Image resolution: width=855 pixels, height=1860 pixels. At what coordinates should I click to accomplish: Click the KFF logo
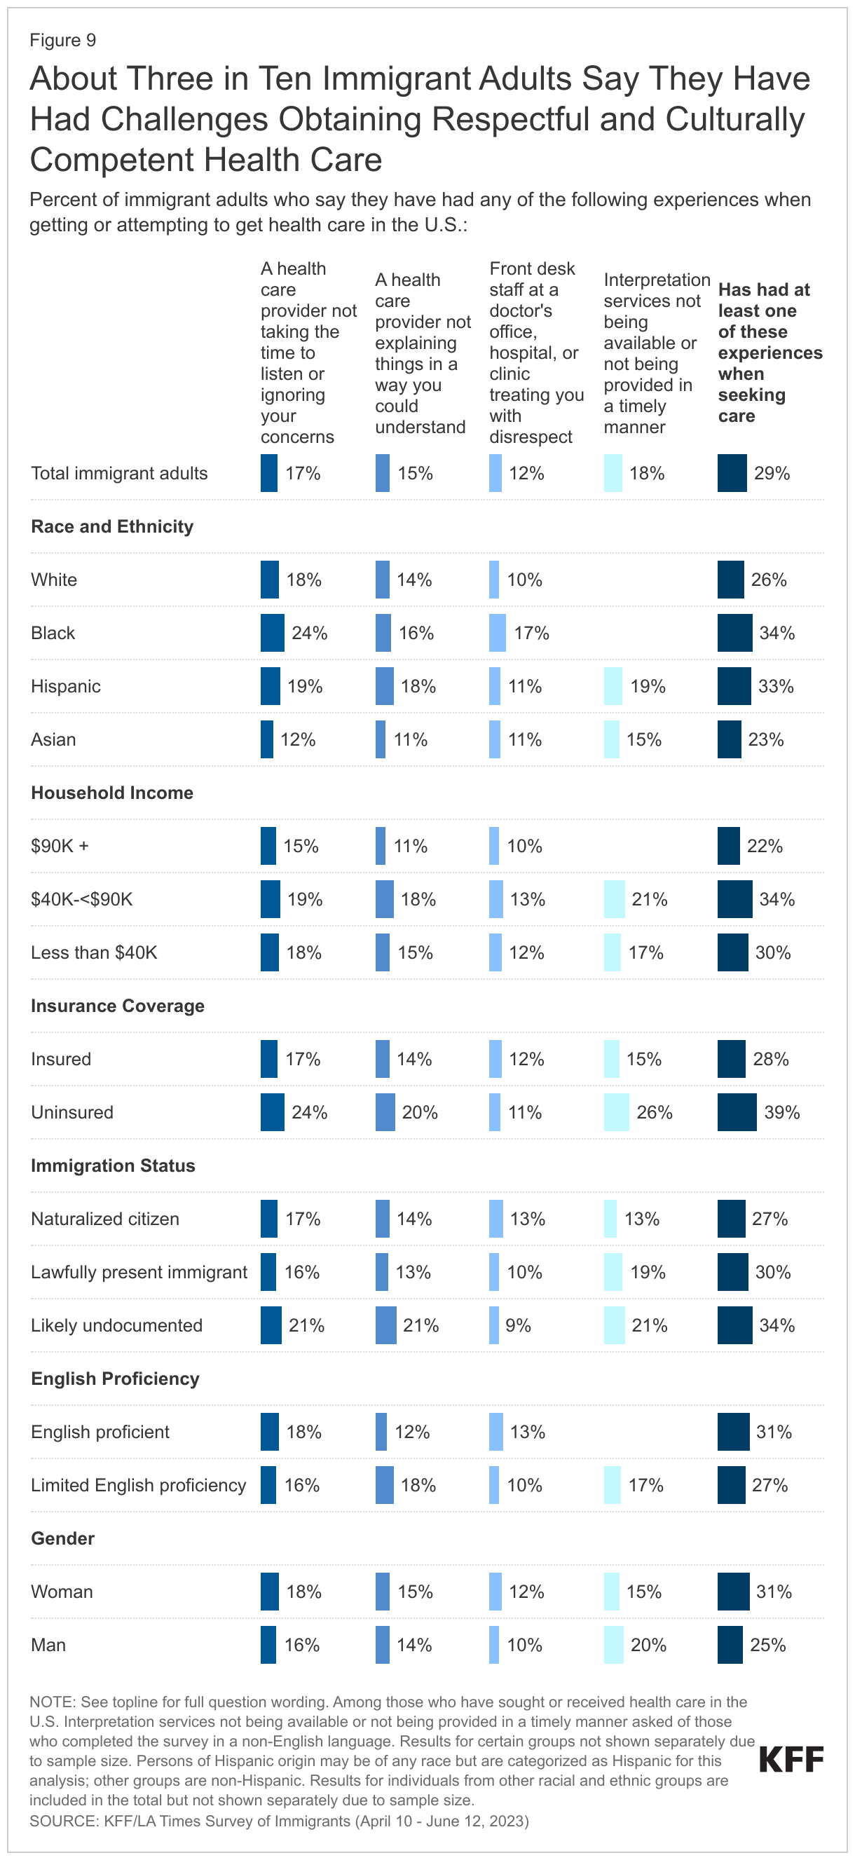tap(791, 1760)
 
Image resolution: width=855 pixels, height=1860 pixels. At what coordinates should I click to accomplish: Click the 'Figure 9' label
tap(63, 41)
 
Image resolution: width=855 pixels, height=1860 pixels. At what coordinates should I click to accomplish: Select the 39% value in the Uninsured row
tap(781, 1112)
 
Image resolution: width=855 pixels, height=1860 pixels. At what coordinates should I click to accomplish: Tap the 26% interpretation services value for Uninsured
tap(655, 1112)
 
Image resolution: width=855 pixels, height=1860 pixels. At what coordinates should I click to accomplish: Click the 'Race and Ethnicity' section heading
tap(112, 526)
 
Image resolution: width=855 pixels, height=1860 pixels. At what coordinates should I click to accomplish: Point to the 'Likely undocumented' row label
tap(116, 1325)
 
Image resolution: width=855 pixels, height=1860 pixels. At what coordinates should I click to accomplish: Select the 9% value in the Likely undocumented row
tap(518, 1325)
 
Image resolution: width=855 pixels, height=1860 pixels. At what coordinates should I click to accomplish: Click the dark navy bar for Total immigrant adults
tap(732, 473)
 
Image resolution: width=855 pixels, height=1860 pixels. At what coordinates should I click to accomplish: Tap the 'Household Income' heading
tap(112, 793)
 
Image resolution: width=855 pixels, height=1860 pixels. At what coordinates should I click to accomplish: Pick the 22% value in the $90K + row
tap(765, 845)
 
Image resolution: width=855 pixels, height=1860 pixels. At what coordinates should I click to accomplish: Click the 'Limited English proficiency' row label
tap(138, 1485)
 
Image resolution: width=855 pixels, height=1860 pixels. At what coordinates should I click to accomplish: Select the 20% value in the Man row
tap(648, 1645)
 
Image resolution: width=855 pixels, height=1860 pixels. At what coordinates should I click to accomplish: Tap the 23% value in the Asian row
tap(765, 739)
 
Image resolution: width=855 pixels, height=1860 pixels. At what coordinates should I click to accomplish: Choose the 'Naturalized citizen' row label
tap(104, 1219)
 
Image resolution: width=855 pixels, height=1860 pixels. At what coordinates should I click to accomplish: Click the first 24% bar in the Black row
tap(272, 633)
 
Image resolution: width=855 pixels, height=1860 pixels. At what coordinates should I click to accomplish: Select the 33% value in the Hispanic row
tap(775, 686)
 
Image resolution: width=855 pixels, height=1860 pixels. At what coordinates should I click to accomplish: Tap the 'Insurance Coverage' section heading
tap(117, 1006)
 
